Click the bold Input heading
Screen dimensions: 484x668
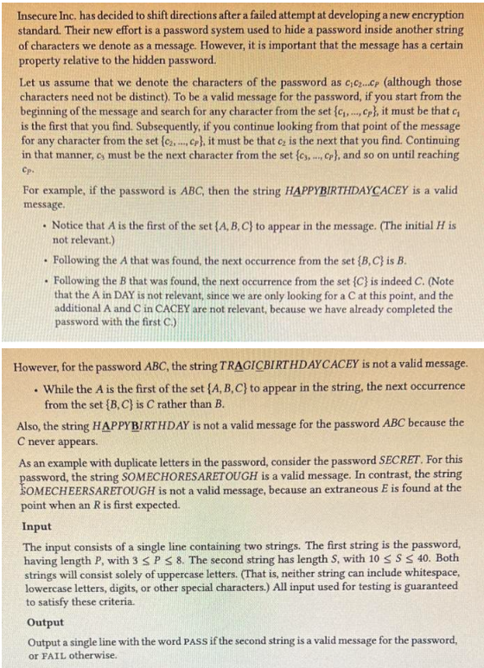(x=36, y=525)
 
